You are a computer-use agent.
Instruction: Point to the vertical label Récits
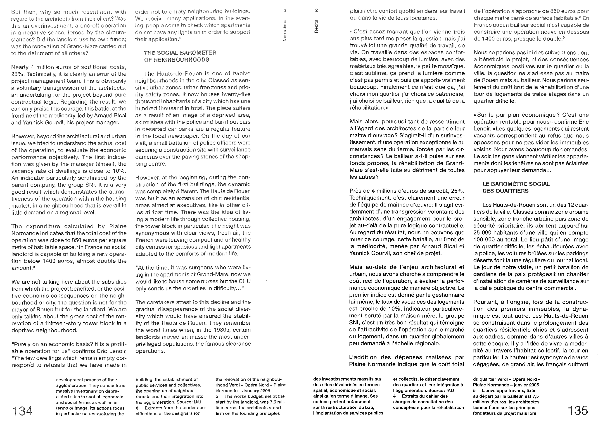[x=316, y=26]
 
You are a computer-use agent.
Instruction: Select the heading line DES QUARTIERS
[x=505, y=191]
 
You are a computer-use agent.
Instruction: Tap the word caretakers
[x=163, y=302]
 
